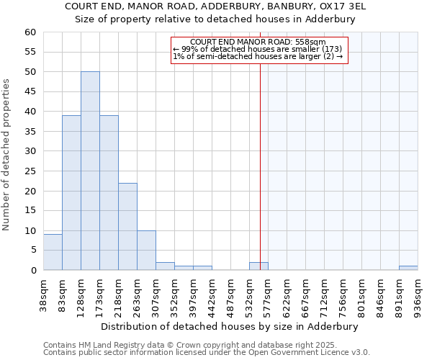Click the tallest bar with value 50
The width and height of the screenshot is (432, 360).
(90, 171)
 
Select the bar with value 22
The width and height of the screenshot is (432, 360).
(127, 227)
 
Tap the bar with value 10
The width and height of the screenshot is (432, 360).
(146, 251)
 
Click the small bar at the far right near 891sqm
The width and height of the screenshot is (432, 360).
(408, 268)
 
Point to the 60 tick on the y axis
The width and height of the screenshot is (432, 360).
(30, 32)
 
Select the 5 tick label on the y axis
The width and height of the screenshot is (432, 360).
(32, 251)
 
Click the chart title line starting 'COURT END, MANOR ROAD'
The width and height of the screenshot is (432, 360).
(215, 6)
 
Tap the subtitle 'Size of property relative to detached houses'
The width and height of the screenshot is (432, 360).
(215, 19)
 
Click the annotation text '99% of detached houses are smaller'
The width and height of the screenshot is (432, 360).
(258, 49)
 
